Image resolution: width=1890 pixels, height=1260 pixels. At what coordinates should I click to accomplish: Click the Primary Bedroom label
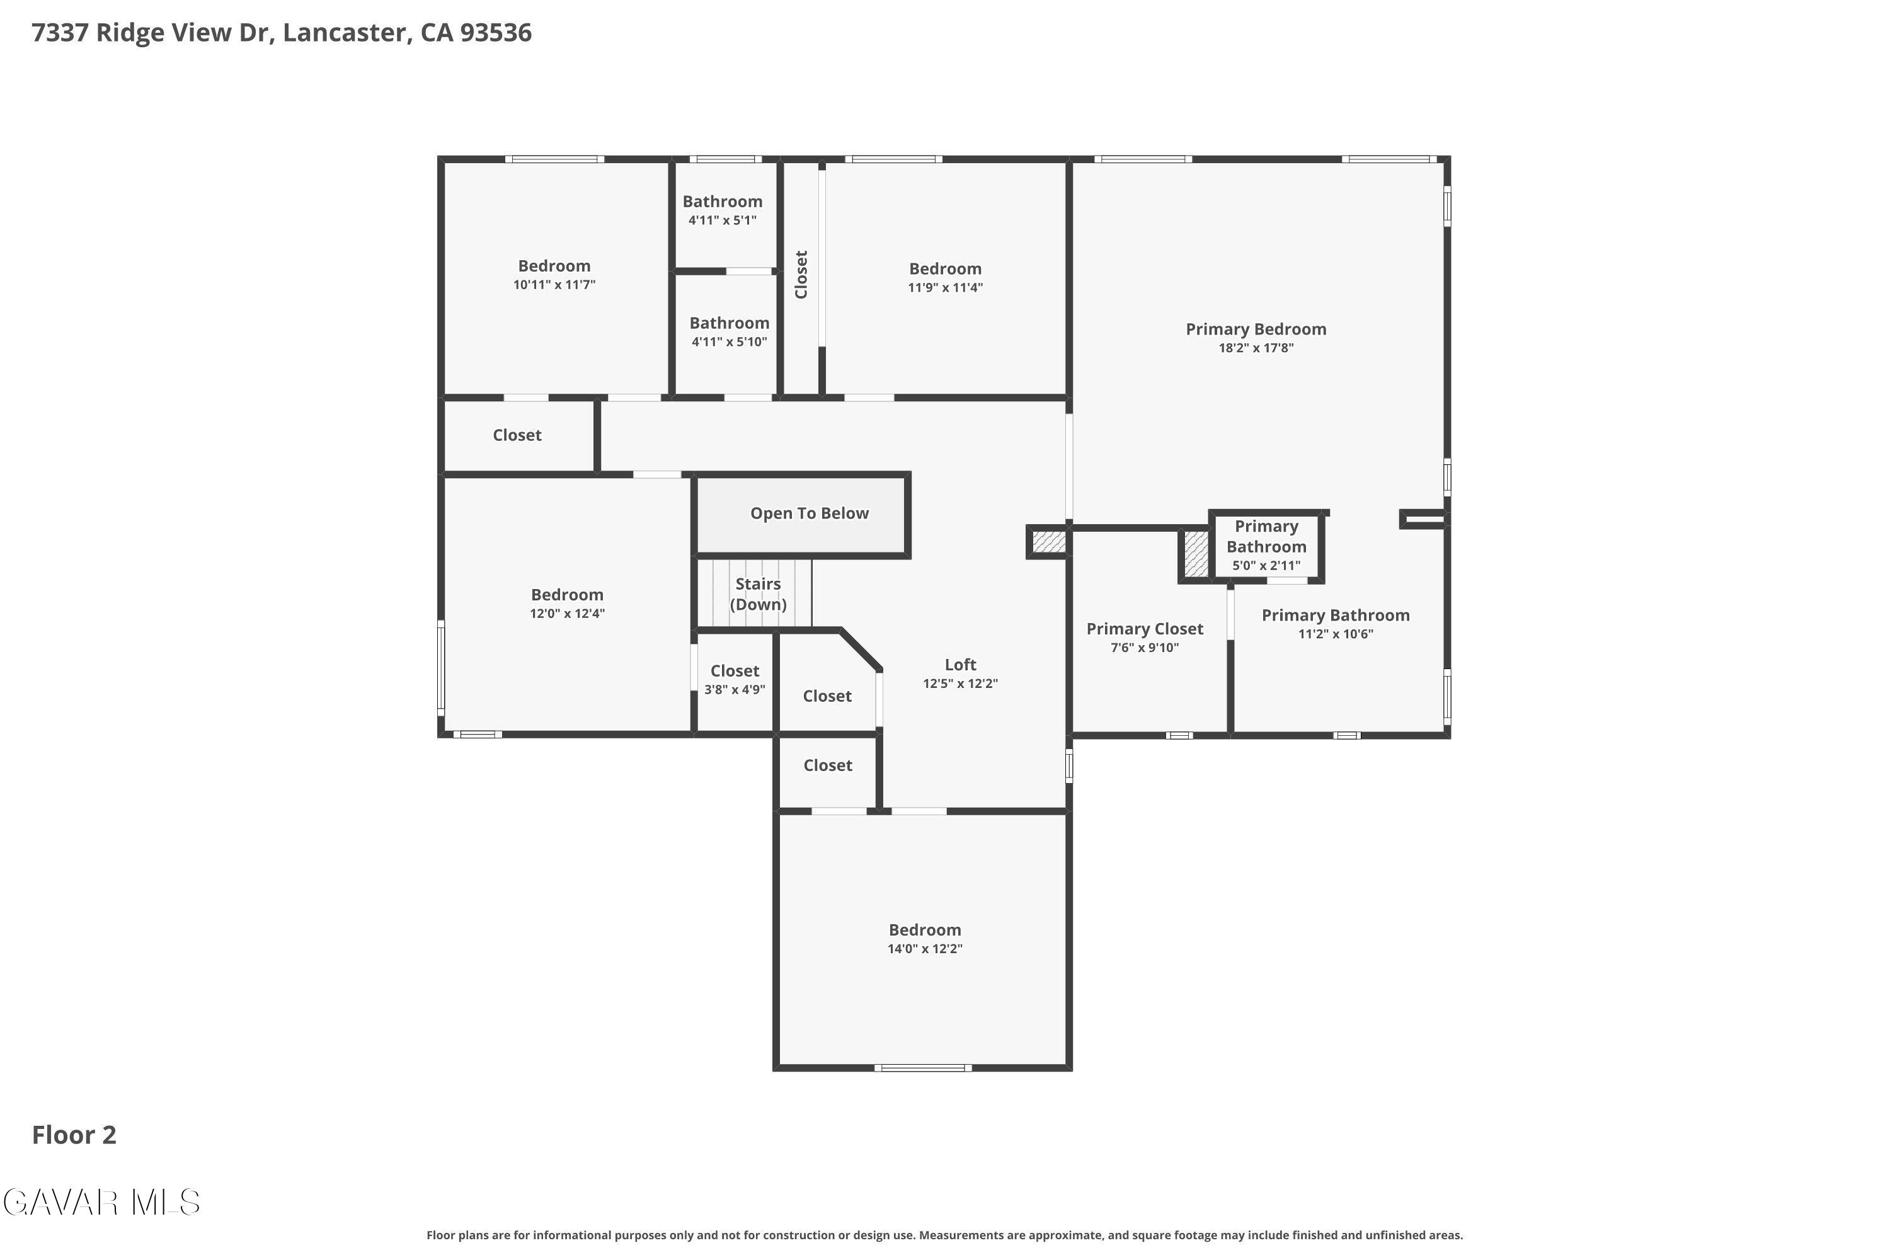(1255, 329)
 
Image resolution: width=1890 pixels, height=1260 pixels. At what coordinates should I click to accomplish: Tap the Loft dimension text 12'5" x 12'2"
(959, 684)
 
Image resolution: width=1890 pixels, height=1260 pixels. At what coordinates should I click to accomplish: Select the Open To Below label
(808, 513)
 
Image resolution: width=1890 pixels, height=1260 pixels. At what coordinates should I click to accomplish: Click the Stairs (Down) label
(757, 594)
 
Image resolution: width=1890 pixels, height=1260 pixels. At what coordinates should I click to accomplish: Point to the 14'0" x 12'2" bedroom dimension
(924, 949)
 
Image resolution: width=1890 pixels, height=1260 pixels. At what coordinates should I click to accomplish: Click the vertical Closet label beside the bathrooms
(801, 275)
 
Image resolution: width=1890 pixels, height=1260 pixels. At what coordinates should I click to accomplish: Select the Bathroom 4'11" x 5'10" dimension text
(729, 342)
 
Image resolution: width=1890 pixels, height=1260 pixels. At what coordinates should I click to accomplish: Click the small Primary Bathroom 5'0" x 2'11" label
(1266, 545)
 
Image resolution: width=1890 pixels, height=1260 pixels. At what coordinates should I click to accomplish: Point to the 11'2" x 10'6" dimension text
(1335, 634)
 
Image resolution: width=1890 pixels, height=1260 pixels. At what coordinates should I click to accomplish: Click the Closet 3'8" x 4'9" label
(734, 671)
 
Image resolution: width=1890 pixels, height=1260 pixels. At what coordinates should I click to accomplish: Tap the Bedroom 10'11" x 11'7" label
(554, 266)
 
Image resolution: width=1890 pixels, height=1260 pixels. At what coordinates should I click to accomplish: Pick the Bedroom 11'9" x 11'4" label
(944, 269)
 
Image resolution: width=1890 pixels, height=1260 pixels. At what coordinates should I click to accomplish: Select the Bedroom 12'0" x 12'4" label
(566, 595)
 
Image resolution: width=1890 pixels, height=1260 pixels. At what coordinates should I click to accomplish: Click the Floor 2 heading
(74, 1135)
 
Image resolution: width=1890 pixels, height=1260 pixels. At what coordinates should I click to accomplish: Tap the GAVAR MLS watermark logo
(101, 1202)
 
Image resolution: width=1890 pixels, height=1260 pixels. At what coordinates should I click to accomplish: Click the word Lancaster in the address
(343, 33)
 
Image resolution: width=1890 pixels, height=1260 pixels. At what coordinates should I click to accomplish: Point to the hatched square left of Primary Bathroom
(1195, 554)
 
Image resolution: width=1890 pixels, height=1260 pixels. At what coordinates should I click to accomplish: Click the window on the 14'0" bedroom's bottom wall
(922, 1068)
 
